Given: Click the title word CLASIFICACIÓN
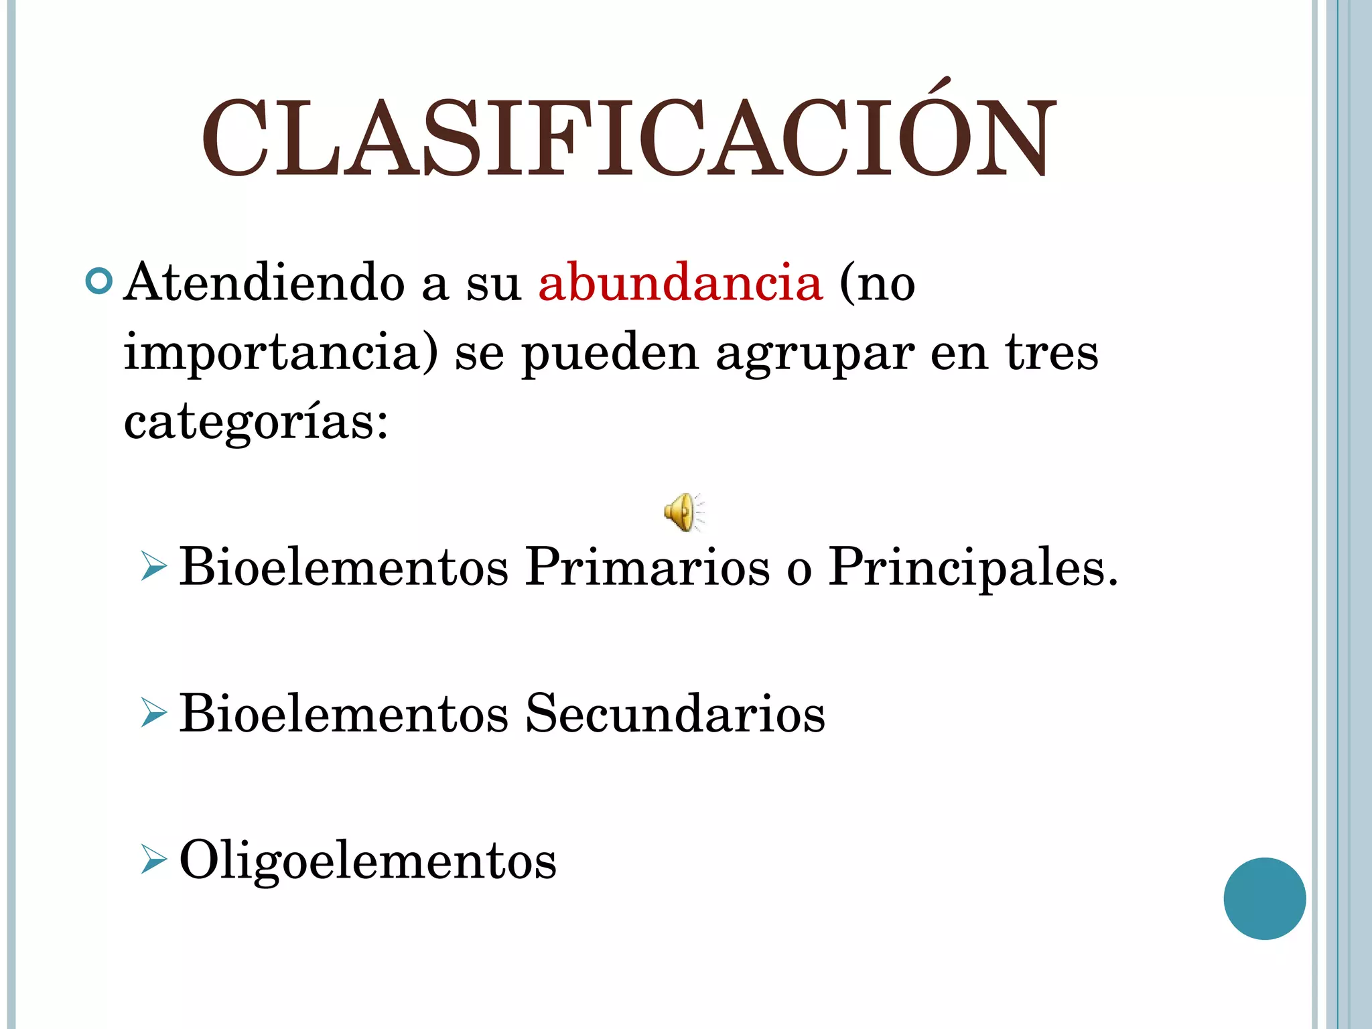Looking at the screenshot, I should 628,137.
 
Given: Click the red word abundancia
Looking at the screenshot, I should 680,283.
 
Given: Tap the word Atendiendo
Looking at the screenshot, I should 265,283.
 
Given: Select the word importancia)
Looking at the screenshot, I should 281,353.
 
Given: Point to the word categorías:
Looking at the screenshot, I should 256,423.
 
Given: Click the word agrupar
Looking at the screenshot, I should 815,353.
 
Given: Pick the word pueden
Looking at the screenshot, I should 610,353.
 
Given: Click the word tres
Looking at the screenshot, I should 1051,353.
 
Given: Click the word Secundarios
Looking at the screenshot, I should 675,713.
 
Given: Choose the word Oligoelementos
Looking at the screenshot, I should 368,860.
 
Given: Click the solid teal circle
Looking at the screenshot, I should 1264,898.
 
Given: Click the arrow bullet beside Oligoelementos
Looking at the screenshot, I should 153,860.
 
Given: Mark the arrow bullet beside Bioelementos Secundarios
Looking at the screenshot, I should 153,713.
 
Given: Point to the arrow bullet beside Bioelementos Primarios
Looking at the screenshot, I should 153,567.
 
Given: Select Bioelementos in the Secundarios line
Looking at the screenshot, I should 344,713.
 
